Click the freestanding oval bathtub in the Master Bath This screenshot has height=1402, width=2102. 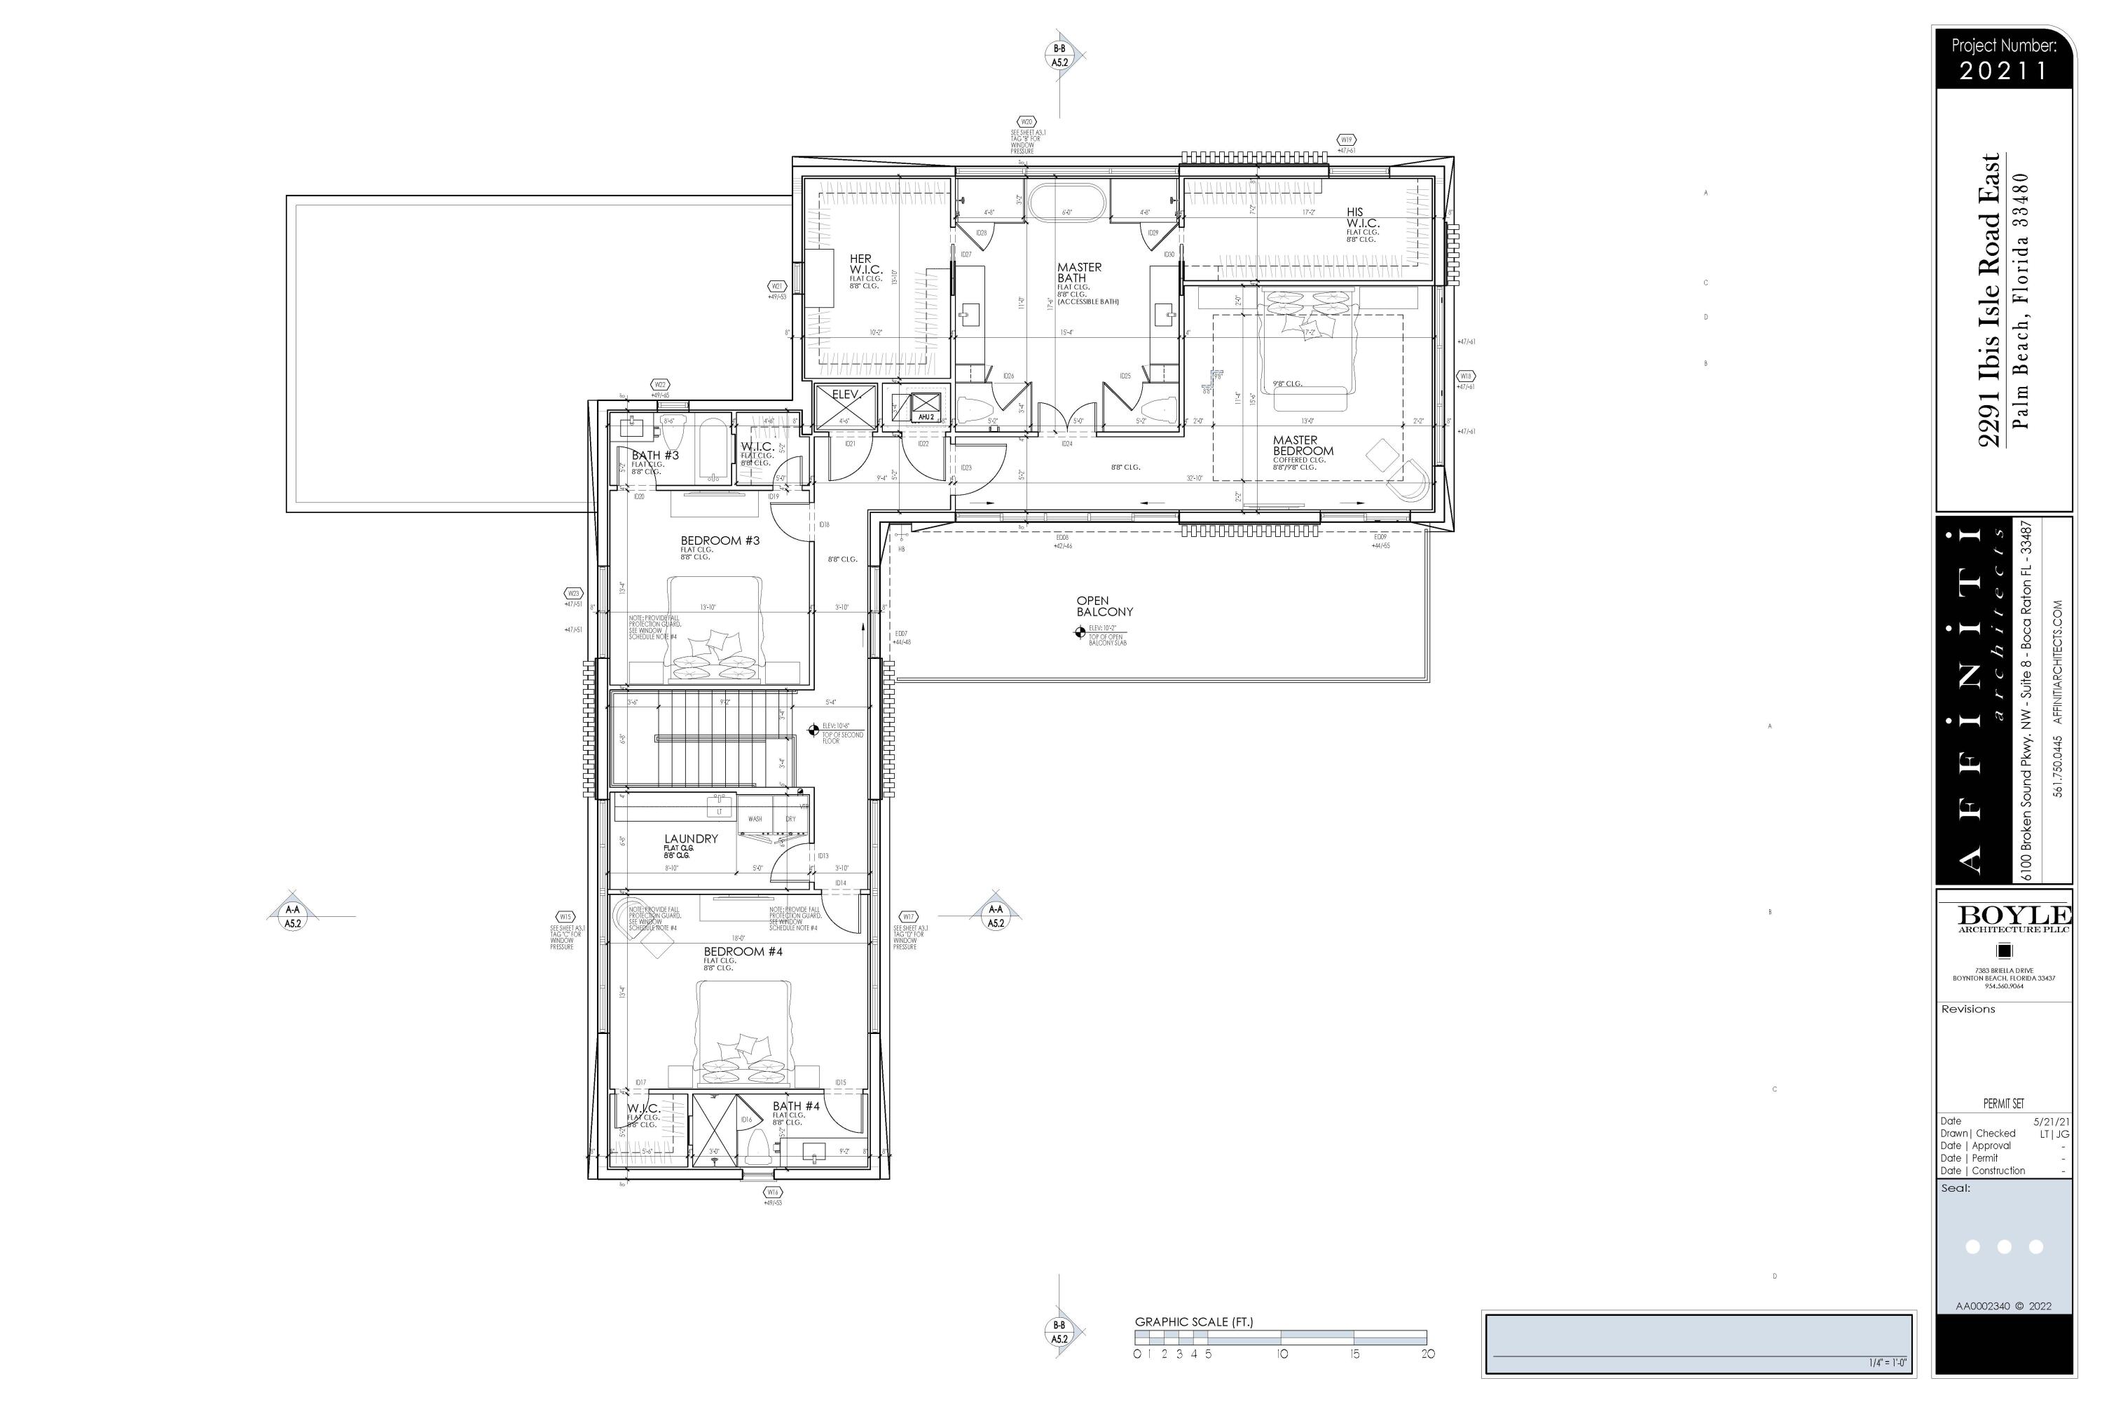point(1068,201)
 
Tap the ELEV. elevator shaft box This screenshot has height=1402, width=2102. point(844,407)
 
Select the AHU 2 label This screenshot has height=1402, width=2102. point(926,416)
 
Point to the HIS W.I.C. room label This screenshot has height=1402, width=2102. point(1362,218)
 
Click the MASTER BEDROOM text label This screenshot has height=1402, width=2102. point(1302,445)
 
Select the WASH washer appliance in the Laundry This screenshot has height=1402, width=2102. point(755,818)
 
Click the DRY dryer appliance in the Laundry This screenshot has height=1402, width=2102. point(790,818)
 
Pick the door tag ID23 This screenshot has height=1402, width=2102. point(966,468)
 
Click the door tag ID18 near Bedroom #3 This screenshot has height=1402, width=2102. point(824,525)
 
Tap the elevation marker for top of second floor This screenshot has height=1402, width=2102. point(813,730)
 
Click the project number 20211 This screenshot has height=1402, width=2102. point(2003,71)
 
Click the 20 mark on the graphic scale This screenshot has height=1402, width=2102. point(1427,1354)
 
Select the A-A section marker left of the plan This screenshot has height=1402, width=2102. point(292,916)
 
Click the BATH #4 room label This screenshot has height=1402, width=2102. point(795,1106)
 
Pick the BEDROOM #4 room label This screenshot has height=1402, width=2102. point(743,951)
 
